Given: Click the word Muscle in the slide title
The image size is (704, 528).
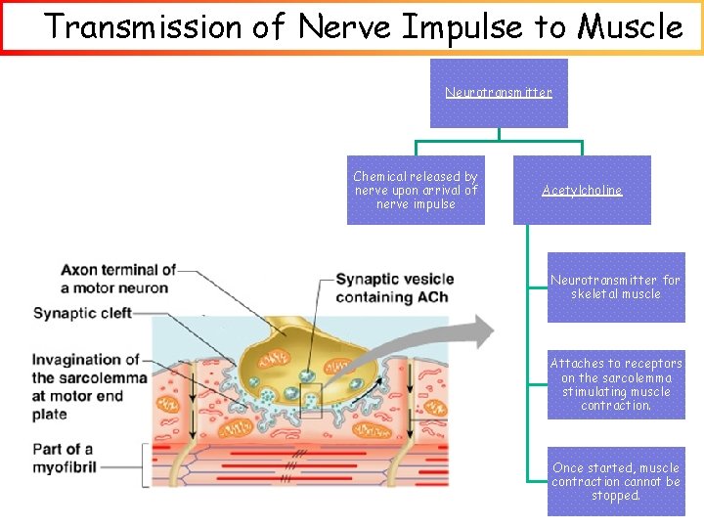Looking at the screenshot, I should pyautogui.click(x=631, y=26).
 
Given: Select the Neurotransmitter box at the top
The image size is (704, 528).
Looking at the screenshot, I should pyautogui.click(x=499, y=93).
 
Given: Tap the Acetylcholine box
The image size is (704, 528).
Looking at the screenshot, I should pyautogui.click(x=582, y=191).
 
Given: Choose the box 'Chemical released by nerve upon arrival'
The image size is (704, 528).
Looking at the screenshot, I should pyautogui.click(x=416, y=191).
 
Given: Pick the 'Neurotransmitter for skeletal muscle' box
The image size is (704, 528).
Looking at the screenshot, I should pyautogui.click(x=616, y=287).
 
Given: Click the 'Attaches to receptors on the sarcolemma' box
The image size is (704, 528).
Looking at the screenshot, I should pyautogui.click(x=616, y=384).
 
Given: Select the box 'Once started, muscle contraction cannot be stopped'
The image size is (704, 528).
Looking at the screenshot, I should pyautogui.click(x=616, y=481).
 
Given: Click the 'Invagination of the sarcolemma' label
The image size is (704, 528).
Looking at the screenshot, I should pyautogui.click(x=89, y=386).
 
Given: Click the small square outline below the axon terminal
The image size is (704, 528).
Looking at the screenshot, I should pyautogui.click(x=310, y=401).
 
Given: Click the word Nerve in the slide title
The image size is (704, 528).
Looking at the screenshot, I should pyautogui.click(x=343, y=26).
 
